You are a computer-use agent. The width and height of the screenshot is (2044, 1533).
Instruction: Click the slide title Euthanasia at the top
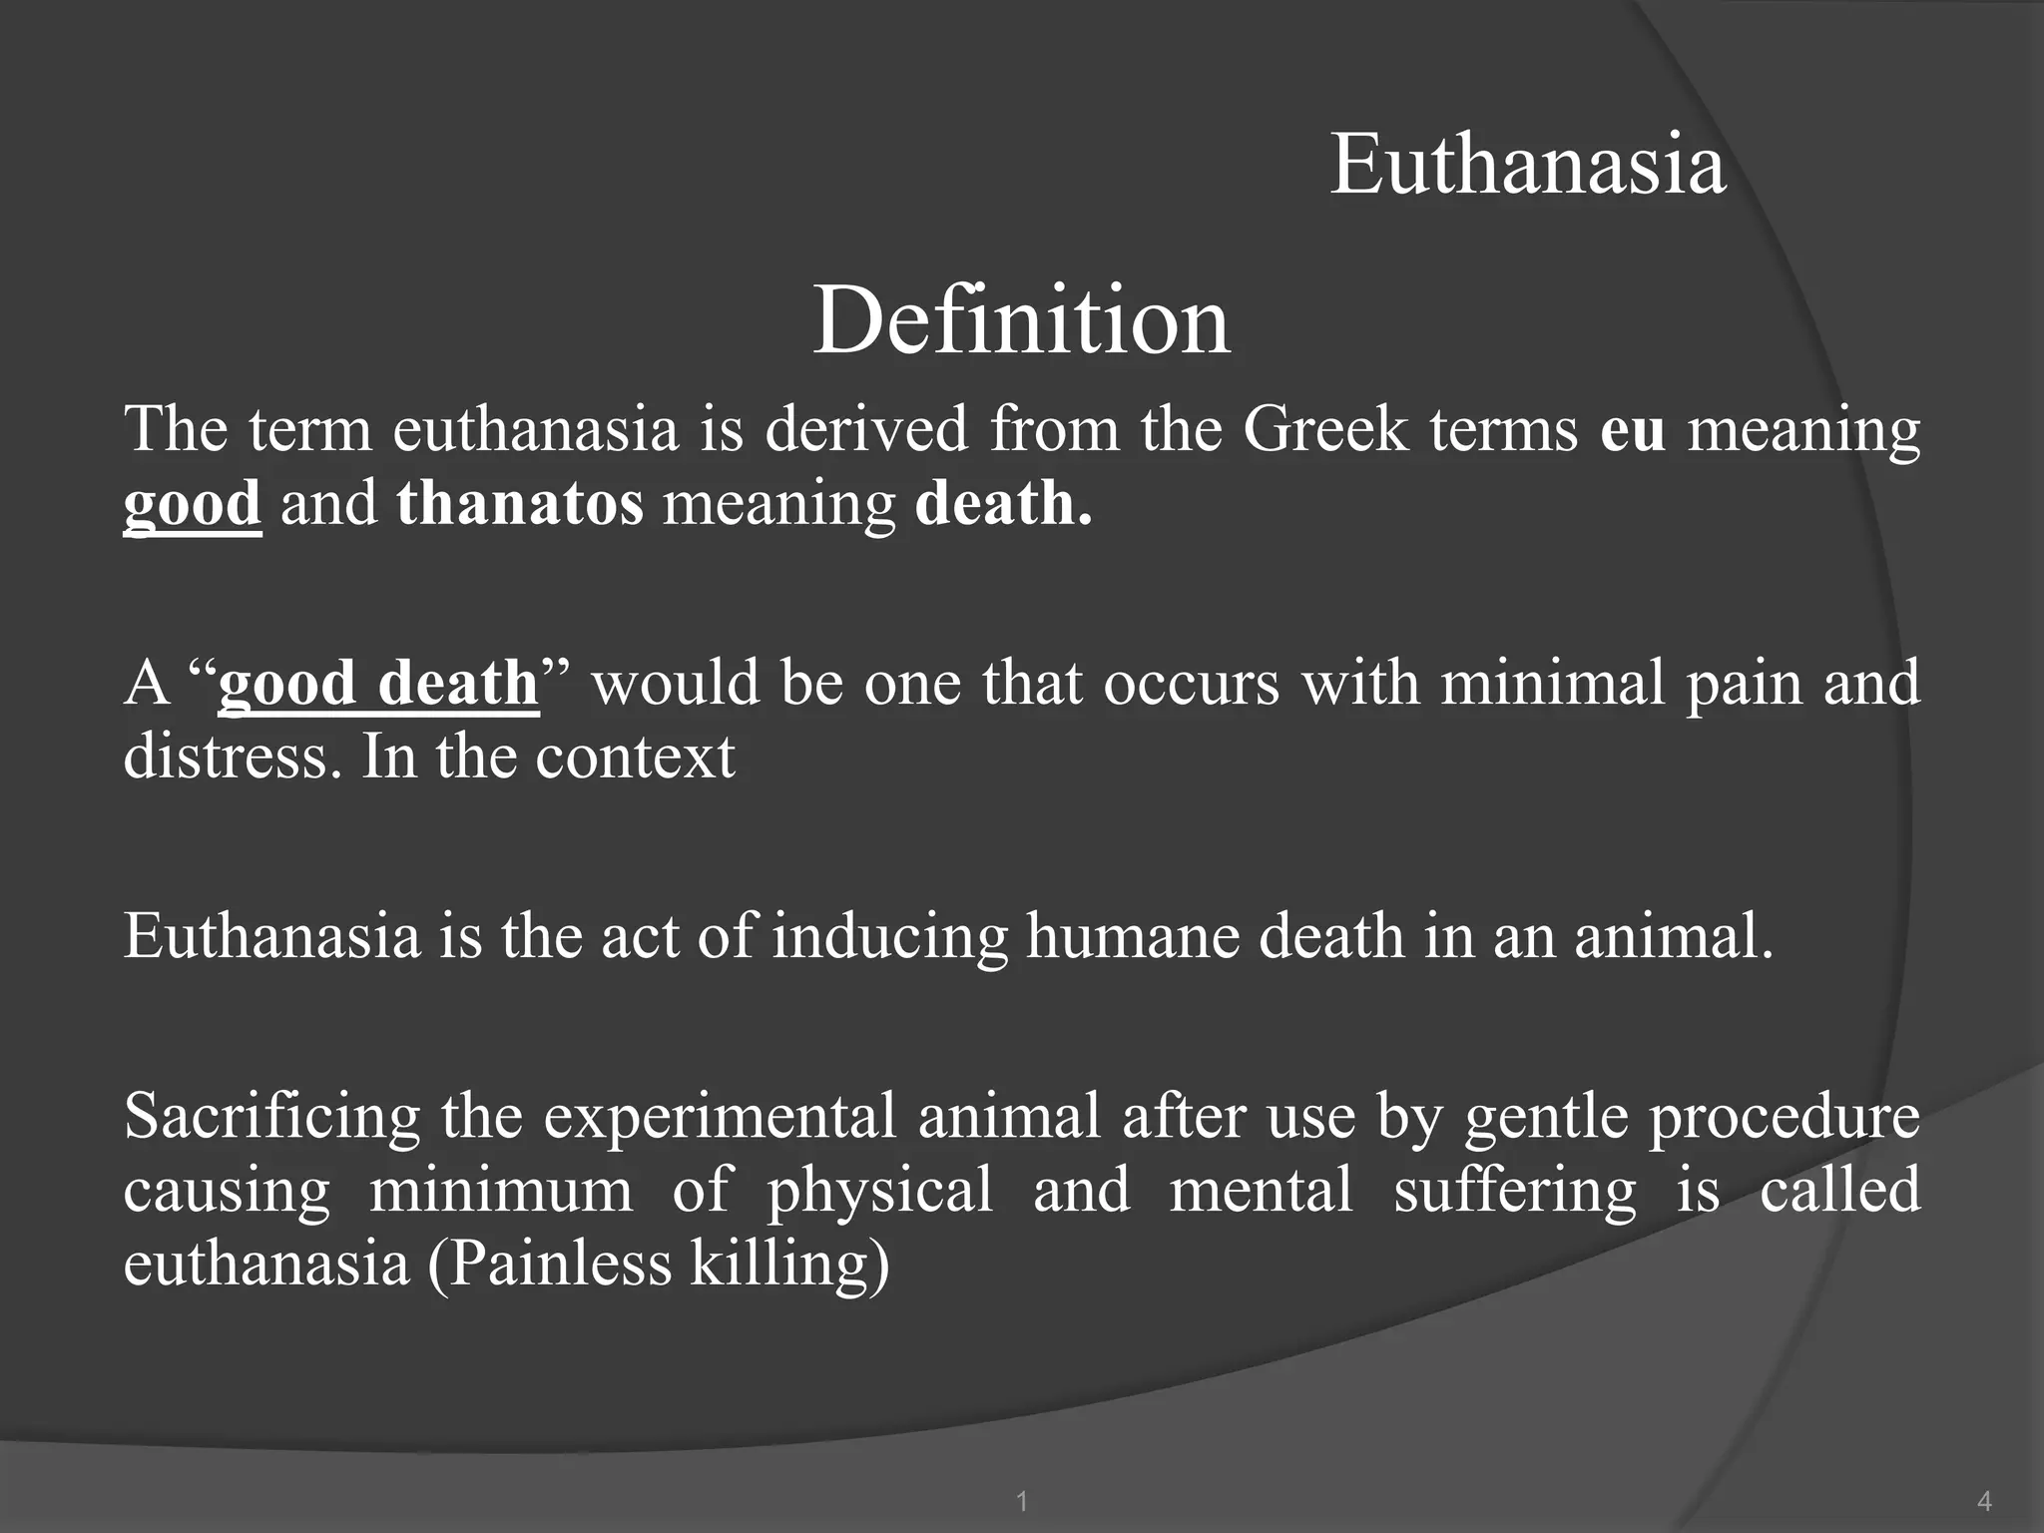1528,165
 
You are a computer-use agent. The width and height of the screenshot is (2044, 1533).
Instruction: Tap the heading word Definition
1021,320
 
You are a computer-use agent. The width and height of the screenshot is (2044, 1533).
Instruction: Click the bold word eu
1633,430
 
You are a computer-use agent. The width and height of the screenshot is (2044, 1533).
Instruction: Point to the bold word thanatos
520,503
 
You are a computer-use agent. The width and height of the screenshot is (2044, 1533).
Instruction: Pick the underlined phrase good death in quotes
378,684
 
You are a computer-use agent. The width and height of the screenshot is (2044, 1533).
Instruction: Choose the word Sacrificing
271,1117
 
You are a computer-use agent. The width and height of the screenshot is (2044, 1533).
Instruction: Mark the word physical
880,1191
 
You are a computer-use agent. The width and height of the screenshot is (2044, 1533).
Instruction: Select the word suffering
1515,1191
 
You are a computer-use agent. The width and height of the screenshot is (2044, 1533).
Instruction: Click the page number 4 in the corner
1984,1500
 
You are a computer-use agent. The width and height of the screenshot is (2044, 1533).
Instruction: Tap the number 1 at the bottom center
1021,1500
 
